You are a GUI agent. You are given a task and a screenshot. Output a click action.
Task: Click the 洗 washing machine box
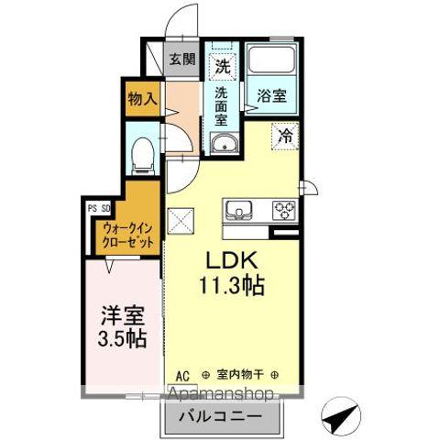click(221, 65)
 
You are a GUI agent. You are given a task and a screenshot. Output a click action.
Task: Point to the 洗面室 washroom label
click(222, 105)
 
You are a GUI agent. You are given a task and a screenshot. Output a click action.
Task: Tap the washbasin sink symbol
click(222, 143)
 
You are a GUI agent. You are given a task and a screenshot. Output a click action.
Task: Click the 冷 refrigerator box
click(285, 135)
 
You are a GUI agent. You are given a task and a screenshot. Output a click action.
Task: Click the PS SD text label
click(99, 207)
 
